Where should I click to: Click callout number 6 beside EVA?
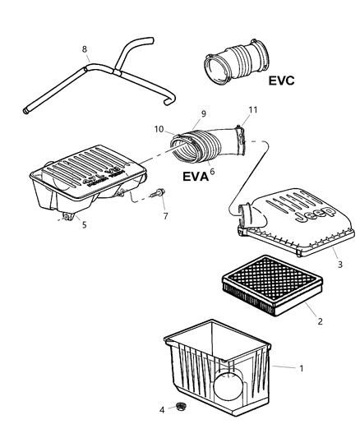[x=212, y=172]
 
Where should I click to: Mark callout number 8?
[x=84, y=49]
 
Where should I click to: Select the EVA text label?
[x=192, y=175]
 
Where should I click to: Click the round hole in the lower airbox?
[x=231, y=385]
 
